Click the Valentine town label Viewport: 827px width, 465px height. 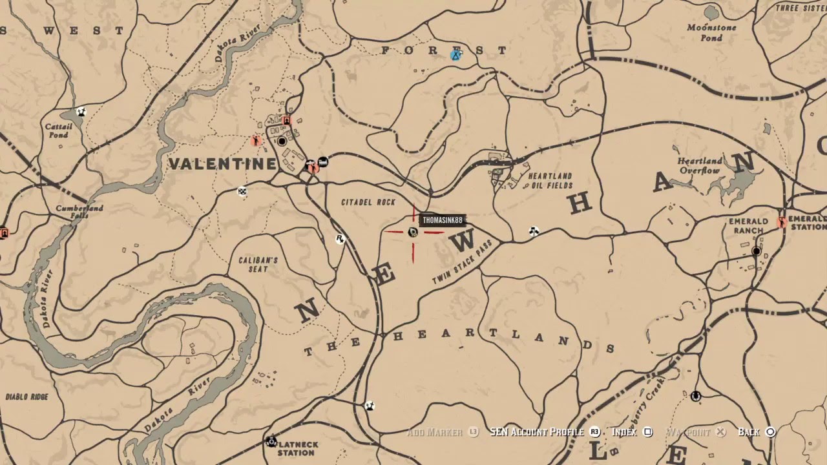pyautogui.click(x=222, y=163)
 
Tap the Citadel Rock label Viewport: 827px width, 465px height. pyautogui.click(x=368, y=202)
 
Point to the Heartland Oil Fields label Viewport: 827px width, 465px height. pyautogui.click(x=550, y=180)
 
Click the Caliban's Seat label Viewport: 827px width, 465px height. pyautogui.click(x=258, y=264)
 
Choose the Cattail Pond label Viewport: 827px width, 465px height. pyautogui.click(x=58, y=130)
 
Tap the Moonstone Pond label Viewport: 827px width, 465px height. pyautogui.click(x=711, y=33)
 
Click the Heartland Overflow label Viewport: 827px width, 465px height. pyautogui.click(x=700, y=165)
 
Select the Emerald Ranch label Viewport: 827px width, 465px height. pyautogui.click(x=748, y=225)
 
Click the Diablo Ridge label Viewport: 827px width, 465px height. pyautogui.click(x=26, y=397)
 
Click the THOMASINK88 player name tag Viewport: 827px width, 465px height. pyautogui.click(x=442, y=220)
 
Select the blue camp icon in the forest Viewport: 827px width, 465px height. pyautogui.click(x=456, y=55)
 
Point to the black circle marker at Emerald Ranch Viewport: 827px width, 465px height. pyautogui.click(x=757, y=251)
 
